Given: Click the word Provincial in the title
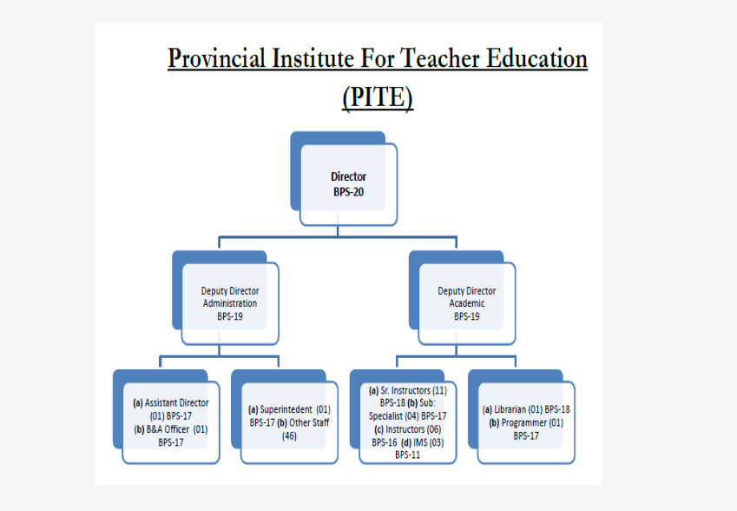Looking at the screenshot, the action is click(217, 59).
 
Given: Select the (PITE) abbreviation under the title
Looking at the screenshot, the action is click(378, 97).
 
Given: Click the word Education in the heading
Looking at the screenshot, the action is click(536, 58).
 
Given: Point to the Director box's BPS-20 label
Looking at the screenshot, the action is click(349, 192).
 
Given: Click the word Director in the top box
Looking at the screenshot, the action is click(349, 176).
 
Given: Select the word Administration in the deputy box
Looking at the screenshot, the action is click(230, 303).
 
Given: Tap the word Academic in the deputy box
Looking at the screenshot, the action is click(467, 303).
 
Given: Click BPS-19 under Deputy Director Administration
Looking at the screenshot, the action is click(230, 316).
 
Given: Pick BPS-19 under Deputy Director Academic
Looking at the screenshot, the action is click(467, 316).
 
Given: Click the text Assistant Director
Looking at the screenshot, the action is click(177, 402).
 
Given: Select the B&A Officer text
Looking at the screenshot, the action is click(168, 429).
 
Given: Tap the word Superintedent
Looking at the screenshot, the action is click(286, 409).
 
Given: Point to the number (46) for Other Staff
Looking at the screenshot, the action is click(289, 436).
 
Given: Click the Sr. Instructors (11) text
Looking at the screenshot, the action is click(413, 390).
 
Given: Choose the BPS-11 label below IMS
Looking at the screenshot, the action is click(407, 455).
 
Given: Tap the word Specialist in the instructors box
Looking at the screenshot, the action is click(386, 416).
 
